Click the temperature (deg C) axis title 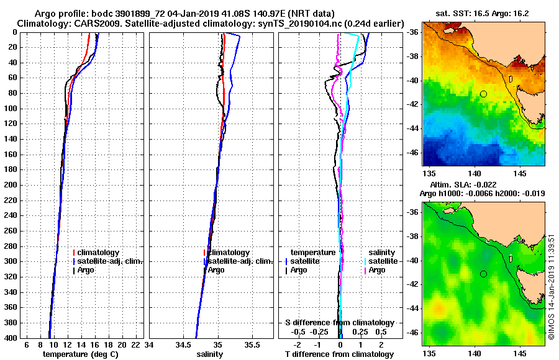(80, 354)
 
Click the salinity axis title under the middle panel (209, 354)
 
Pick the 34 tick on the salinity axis (149, 344)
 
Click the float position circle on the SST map (483, 94)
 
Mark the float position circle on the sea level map (483, 274)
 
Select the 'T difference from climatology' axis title (339, 354)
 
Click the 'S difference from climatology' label (339, 323)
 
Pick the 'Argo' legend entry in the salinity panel (216, 270)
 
